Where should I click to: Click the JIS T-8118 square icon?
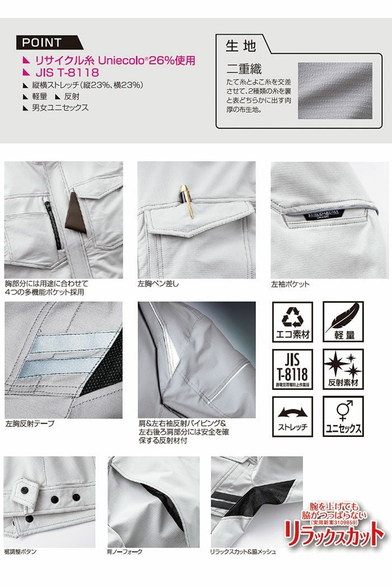(x=291, y=369)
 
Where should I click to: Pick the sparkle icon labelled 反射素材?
(x=343, y=369)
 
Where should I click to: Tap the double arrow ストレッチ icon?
(x=291, y=416)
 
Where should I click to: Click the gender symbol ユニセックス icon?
(x=343, y=416)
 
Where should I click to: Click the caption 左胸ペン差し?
(x=158, y=284)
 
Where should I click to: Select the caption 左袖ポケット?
(x=290, y=284)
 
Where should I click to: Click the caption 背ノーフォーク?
(x=124, y=552)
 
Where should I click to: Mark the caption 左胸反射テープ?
(x=30, y=424)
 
